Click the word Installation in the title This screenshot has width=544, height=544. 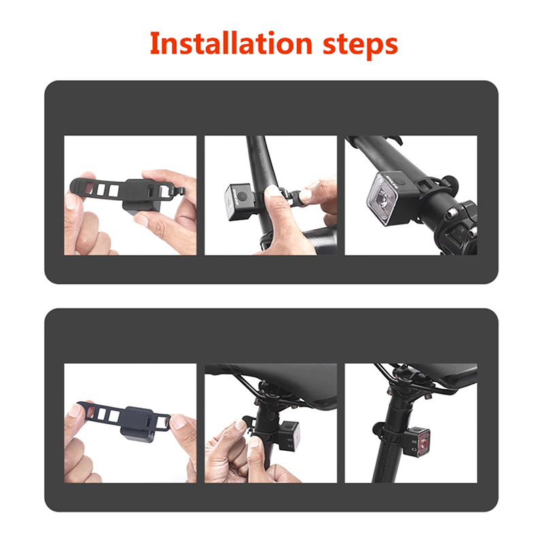[231, 44]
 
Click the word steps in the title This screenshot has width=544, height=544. [360, 45]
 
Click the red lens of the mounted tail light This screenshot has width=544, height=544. [424, 443]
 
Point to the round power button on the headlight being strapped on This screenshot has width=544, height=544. [243, 197]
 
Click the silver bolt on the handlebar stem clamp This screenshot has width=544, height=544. [452, 213]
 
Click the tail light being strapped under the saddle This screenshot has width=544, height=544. [290, 436]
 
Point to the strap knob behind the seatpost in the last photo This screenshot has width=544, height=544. [377, 429]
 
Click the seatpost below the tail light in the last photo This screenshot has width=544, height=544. [387, 465]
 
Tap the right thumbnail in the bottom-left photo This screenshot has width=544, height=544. [178, 422]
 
